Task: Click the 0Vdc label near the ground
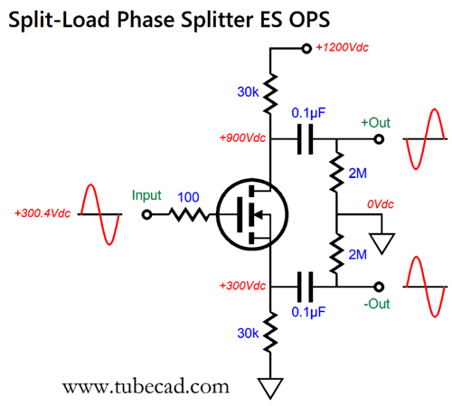[379, 205]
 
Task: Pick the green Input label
[146, 195]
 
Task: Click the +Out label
[376, 122]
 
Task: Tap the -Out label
[377, 304]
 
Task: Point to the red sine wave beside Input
[99, 214]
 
